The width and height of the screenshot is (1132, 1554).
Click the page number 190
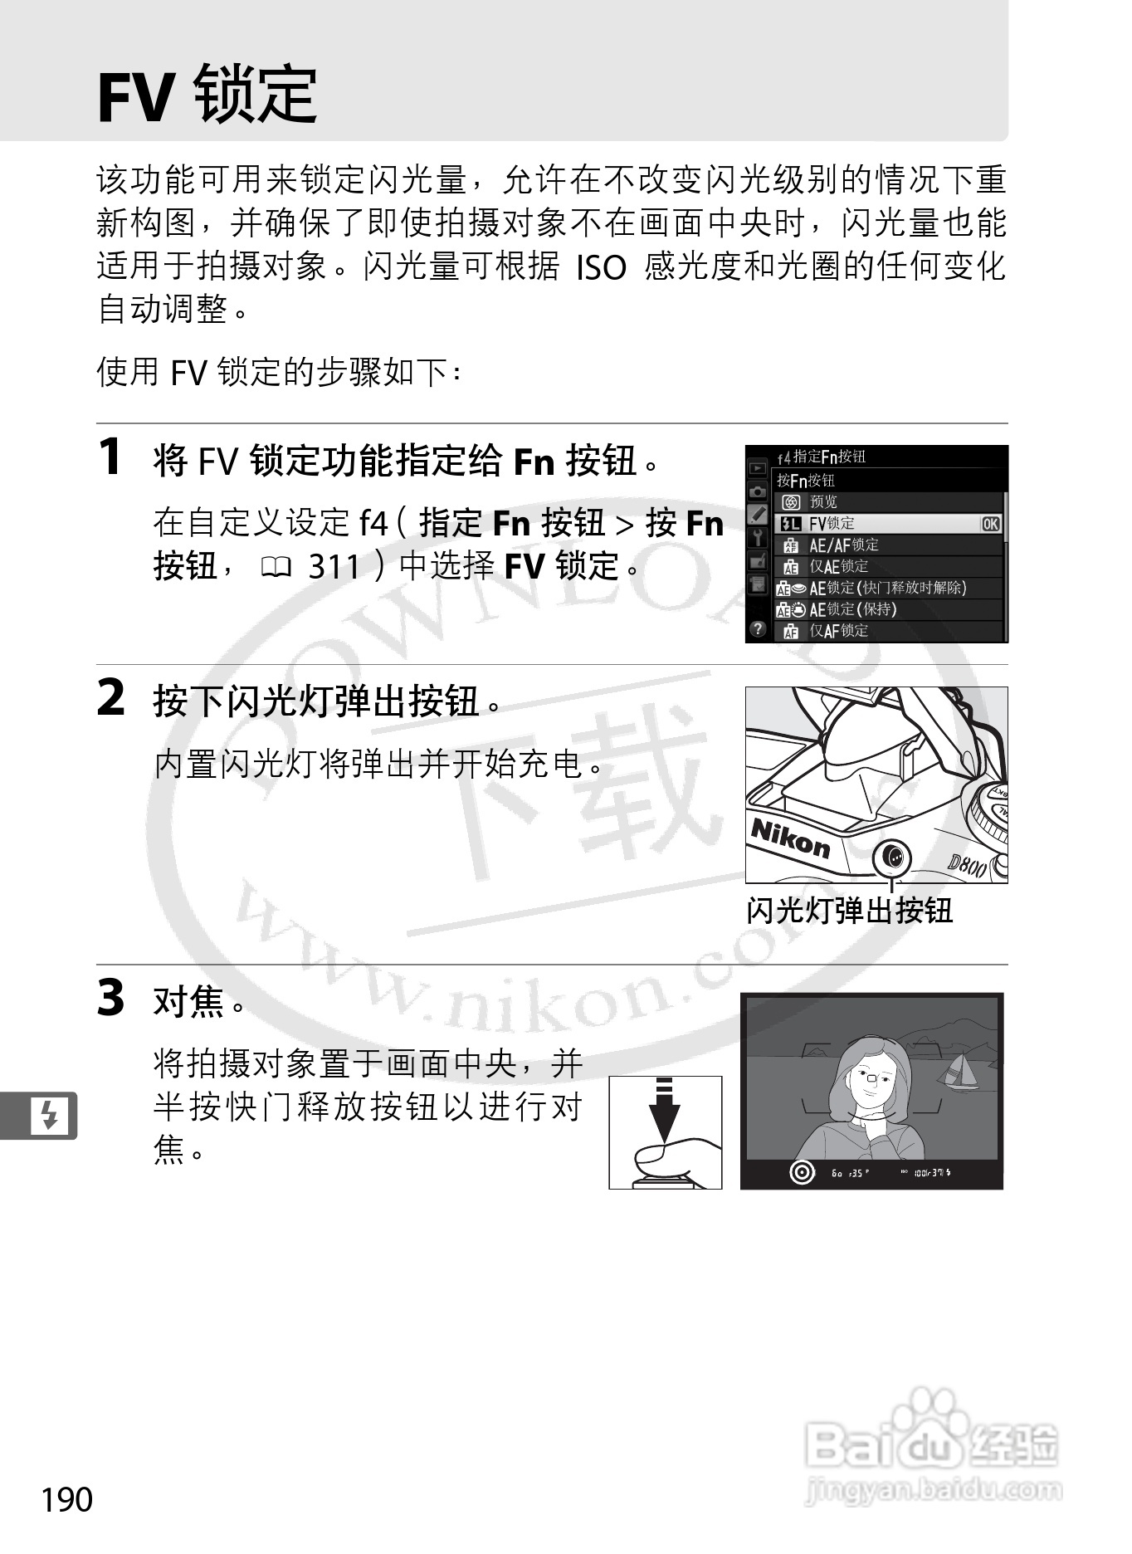(x=67, y=1500)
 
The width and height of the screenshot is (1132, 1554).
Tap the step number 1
(x=110, y=457)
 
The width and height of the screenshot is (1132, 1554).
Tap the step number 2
(x=111, y=698)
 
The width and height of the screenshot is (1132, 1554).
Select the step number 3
(x=111, y=998)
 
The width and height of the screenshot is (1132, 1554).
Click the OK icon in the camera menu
(x=990, y=524)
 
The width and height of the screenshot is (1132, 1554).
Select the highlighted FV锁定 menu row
(x=888, y=524)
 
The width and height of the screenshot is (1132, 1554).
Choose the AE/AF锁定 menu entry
(x=843, y=545)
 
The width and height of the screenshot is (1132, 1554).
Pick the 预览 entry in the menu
(x=823, y=502)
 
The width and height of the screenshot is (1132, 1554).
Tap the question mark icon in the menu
(x=757, y=629)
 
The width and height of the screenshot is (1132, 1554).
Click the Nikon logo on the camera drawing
(x=790, y=838)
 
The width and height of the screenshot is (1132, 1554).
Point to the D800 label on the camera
(x=967, y=866)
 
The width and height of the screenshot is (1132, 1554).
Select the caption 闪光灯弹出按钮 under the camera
(x=849, y=911)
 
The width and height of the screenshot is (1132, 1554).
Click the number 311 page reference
(x=334, y=567)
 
